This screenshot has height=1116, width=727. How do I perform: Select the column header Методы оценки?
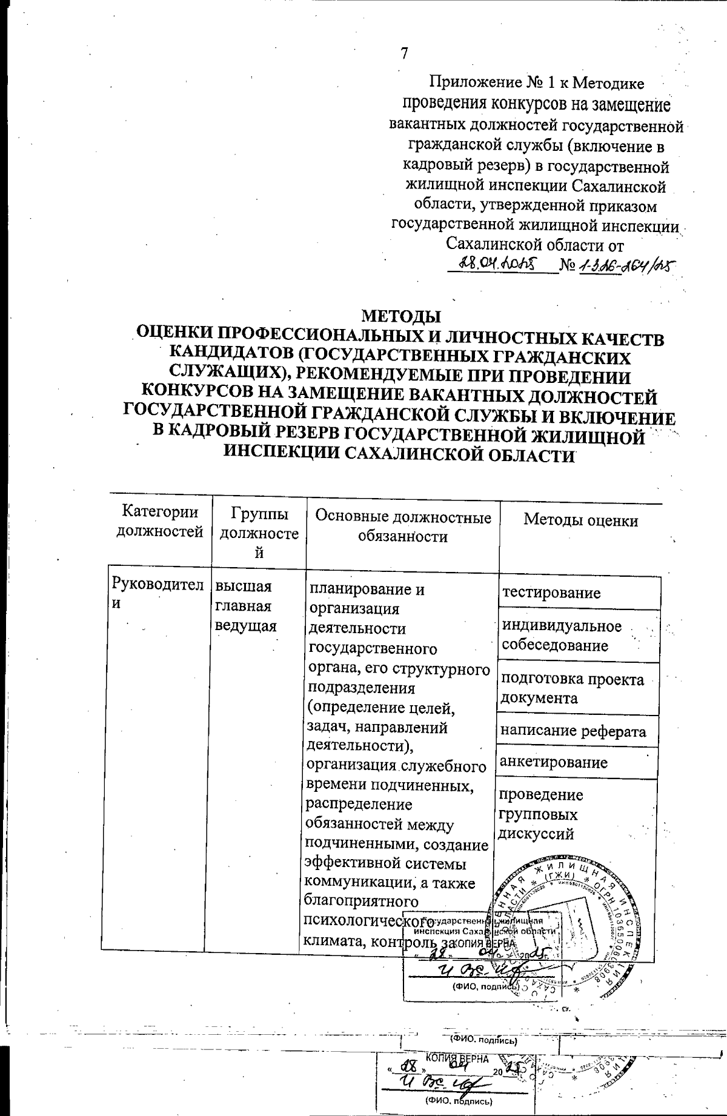click(580, 520)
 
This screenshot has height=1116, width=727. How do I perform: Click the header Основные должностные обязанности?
click(403, 526)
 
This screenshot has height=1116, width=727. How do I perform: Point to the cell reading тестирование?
click(551, 593)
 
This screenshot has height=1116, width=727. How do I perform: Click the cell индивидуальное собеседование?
click(562, 636)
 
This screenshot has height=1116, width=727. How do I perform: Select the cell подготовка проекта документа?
click(571, 688)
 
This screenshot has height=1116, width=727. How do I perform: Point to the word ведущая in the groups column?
click(246, 625)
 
